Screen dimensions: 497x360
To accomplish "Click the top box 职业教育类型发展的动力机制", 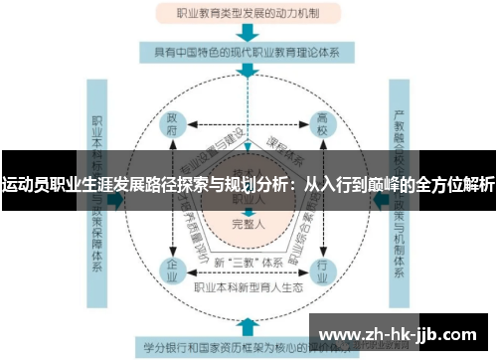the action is pyautogui.click(x=248, y=14).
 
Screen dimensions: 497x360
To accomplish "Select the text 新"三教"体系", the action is pyautogui.click(x=248, y=263).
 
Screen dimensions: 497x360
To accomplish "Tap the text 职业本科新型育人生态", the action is pyautogui.click(x=248, y=288).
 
